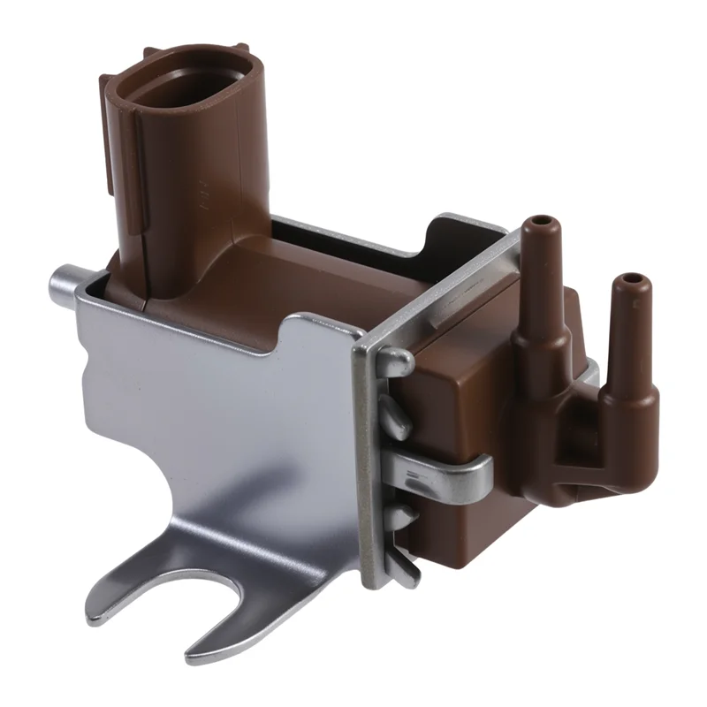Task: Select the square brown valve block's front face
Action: tap(451, 389)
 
